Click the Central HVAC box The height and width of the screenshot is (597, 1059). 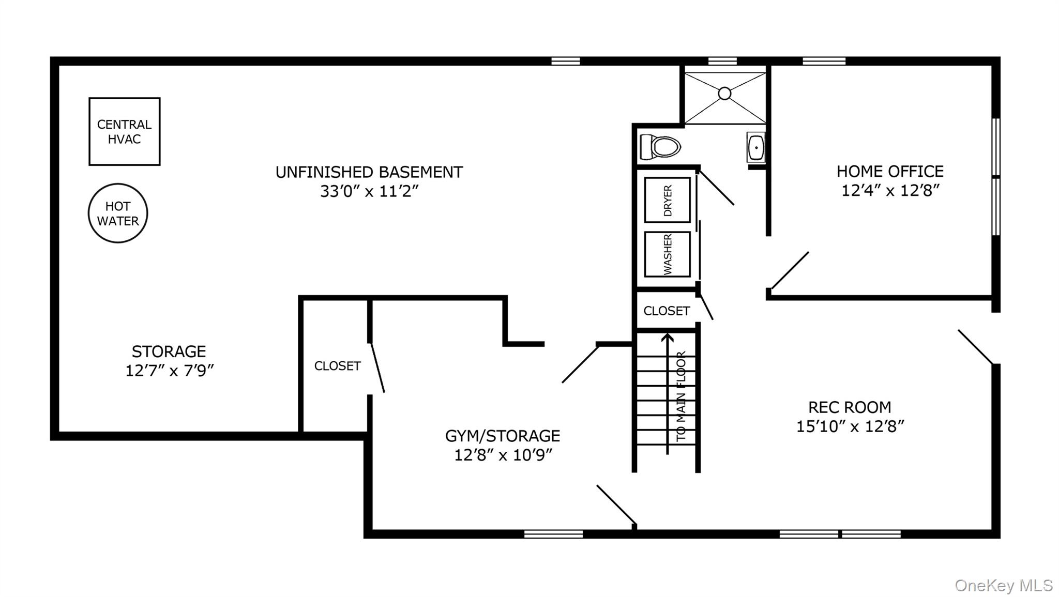coord(124,132)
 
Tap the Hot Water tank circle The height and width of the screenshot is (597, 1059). coord(118,213)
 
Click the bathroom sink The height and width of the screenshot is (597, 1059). coord(756,147)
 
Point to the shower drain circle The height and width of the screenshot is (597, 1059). coord(724,94)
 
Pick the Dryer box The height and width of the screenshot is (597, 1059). coord(667,200)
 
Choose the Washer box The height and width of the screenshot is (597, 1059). coord(667,254)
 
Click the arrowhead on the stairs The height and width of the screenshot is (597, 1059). coord(668,338)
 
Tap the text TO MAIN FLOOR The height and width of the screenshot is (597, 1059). coord(681,396)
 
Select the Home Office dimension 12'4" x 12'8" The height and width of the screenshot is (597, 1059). coord(890,191)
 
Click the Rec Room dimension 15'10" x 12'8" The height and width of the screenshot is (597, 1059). coord(850,426)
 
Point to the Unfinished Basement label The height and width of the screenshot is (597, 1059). coord(369,172)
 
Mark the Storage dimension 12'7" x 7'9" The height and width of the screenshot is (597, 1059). coord(169,371)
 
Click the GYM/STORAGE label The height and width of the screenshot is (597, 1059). coord(502,436)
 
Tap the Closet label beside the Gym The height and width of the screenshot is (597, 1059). coord(337,366)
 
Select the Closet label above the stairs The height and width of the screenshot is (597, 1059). coord(666,311)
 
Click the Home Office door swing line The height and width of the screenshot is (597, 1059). coord(790,270)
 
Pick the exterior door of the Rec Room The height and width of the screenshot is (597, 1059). coord(975,347)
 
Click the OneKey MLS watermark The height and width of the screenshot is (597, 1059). coord(1003,586)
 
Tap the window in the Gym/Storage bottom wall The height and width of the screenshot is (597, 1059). coord(553,534)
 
